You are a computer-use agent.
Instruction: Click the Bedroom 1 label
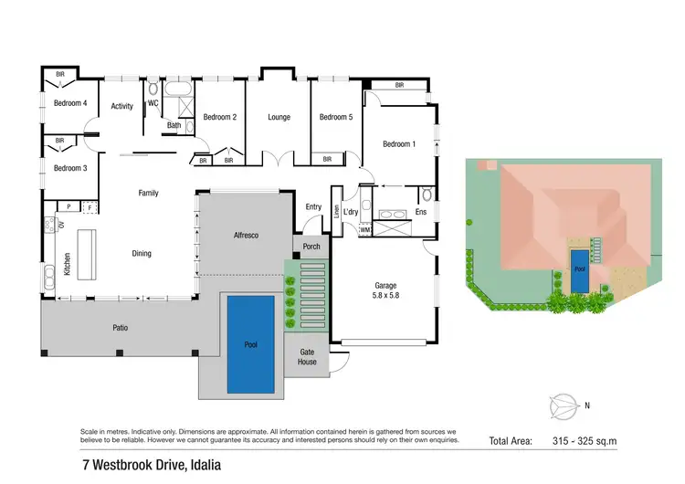[398, 144]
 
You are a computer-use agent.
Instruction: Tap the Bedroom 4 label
[69, 103]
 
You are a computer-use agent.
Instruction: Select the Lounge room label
[279, 117]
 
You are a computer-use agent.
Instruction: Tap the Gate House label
[307, 356]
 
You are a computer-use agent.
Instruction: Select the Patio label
[120, 326]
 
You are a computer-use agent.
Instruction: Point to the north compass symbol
[564, 405]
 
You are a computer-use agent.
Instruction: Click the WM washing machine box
[364, 229]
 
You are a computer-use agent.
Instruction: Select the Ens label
[421, 212]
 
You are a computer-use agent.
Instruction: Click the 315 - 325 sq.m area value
[586, 441]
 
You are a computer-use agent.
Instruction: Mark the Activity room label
[121, 106]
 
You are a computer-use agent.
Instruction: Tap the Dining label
[141, 253]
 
